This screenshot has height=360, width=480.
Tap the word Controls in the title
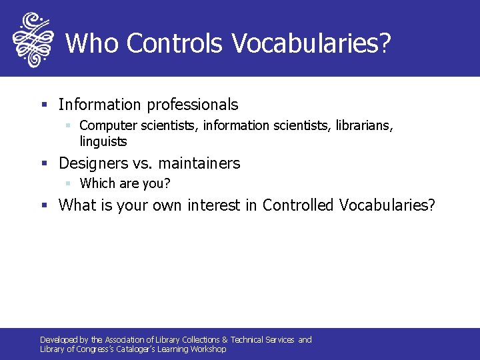[x=175, y=43]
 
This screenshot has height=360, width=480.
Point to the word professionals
[x=192, y=105]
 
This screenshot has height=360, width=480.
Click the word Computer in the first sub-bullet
[x=105, y=125]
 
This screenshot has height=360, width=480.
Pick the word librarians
[x=365, y=125]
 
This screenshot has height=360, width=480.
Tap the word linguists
[x=103, y=141]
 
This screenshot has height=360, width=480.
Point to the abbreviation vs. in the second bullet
[x=142, y=163]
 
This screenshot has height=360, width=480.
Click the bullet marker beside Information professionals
[x=44, y=105]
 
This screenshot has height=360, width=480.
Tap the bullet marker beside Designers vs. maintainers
[x=44, y=164]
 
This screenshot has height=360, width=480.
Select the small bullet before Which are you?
[x=68, y=183]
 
